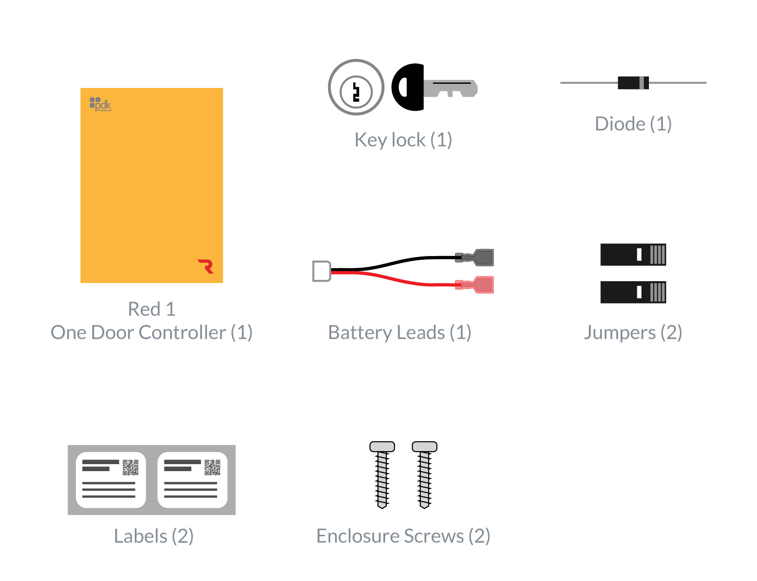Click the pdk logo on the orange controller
(x=100, y=104)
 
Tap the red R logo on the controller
(x=205, y=266)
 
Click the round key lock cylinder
(x=356, y=87)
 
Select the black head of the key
(x=408, y=87)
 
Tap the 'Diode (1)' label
(x=633, y=124)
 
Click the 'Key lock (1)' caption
(x=403, y=140)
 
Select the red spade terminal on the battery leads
(x=480, y=284)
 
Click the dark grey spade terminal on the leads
(x=480, y=257)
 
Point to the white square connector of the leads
(x=321, y=271)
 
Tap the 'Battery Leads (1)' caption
(x=400, y=332)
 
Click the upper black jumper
(x=633, y=255)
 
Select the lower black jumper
(x=633, y=292)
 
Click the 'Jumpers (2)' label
(x=633, y=332)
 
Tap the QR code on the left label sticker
(x=130, y=467)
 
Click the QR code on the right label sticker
(x=212, y=467)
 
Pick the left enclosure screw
(x=382, y=475)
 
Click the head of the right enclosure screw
(x=424, y=447)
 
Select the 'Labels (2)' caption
(x=154, y=536)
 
